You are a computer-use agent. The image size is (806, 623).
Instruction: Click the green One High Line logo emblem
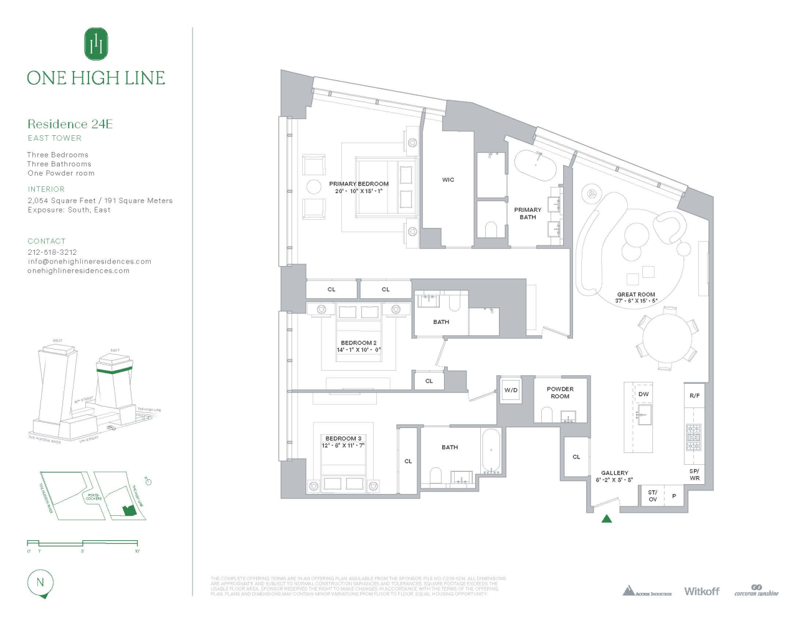(x=96, y=44)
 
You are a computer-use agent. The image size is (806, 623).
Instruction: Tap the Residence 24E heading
(x=70, y=124)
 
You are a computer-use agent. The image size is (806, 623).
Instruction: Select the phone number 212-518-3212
(x=52, y=252)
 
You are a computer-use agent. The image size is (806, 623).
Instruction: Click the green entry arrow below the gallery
(x=607, y=518)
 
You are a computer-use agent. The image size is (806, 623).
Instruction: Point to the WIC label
(x=448, y=180)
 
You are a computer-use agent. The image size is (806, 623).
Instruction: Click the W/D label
(x=511, y=391)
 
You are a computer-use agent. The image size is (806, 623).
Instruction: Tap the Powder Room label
(x=560, y=392)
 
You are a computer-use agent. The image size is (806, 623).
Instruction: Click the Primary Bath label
(x=528, y=214)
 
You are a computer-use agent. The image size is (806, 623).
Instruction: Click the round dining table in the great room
(x=667, y=342)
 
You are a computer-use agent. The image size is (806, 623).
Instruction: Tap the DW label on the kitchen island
(x=643, y=394)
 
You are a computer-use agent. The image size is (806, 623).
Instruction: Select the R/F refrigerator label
(x=695, y=396)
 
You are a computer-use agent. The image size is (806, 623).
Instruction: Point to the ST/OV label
(x=652, y=496)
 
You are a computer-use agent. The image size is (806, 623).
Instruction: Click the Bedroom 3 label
(x=343, y=439)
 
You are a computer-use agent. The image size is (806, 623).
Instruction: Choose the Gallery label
(x=614, y=473)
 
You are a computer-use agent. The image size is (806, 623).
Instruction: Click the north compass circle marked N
(x=40, y=583)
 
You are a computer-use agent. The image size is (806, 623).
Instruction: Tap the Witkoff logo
(x=701, y=591)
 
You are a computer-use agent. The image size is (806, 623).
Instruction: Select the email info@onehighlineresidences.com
(x=89, y=262)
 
